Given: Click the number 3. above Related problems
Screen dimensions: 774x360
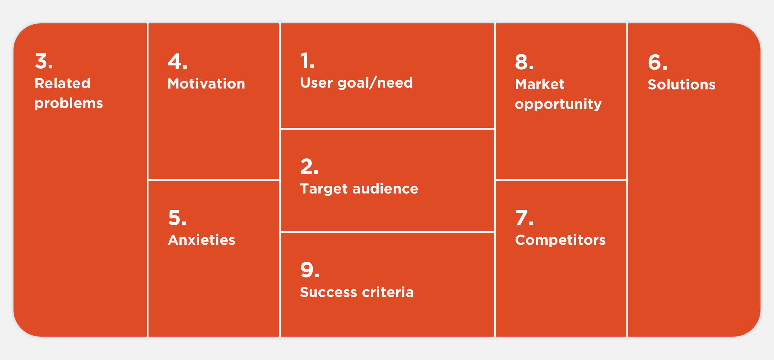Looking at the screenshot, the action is [44, 61].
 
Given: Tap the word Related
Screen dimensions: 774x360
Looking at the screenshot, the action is [62, 83].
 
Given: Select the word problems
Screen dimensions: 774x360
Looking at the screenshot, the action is [69, 103].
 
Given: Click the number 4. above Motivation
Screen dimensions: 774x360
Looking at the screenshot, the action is [178, 61].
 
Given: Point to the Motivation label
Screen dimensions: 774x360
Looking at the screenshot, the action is [206, 83].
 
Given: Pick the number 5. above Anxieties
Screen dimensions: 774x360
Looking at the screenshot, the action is [177, 217].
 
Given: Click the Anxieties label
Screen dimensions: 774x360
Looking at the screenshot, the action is [202, 240].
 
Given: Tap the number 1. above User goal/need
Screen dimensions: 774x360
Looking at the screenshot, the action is [307, 61].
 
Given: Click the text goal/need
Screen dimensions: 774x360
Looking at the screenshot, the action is [375, 83].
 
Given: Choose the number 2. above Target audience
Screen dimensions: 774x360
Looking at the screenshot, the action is [309, 166].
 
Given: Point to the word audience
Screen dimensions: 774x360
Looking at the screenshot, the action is [385, 189].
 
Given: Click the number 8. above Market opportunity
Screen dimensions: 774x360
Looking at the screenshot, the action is [524, 62].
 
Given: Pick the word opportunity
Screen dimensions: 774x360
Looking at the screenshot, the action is [558, 104].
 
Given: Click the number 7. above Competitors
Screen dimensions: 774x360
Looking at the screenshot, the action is [524, 217].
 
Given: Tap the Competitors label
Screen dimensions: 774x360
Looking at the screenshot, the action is [560, 240].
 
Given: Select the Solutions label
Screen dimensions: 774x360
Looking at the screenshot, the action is [682, 84].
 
